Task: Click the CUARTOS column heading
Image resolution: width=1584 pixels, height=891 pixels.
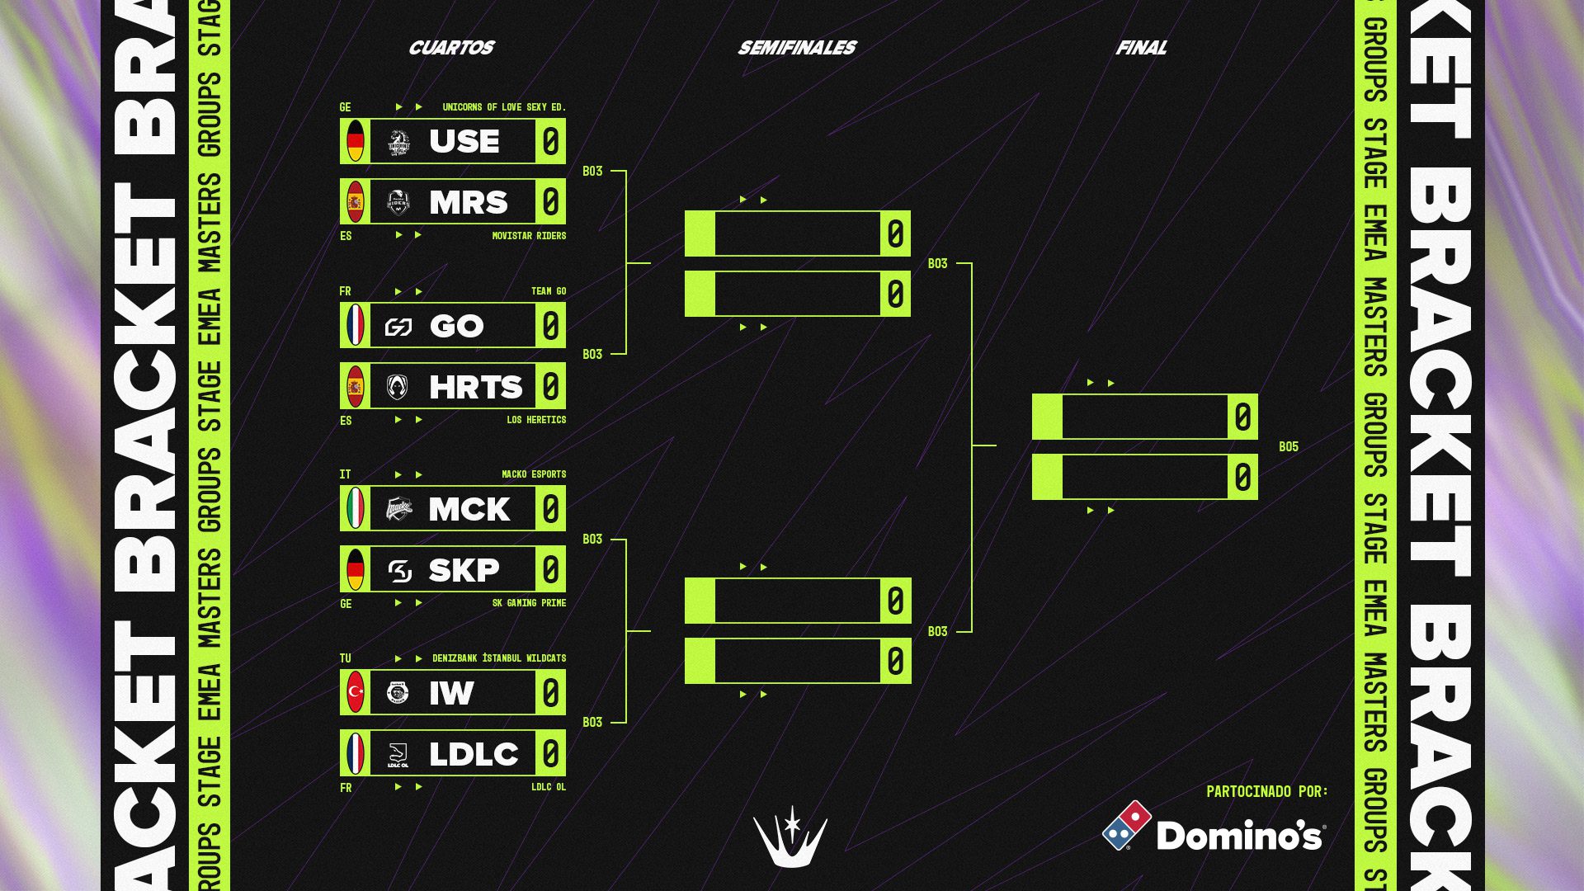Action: [450, 48]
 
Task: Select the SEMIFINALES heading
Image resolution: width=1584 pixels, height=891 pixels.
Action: [797, 48]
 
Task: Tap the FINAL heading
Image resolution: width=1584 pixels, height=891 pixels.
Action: [1141, 48]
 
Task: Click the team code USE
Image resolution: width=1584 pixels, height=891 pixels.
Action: [464, 141]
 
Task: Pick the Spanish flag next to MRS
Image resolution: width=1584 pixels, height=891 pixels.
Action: [356, 202]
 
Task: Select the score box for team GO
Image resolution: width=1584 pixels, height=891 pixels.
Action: [550, 326]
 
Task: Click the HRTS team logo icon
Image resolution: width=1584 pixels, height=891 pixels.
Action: [398, 387]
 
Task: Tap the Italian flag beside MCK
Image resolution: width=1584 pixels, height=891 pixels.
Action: [356, 508]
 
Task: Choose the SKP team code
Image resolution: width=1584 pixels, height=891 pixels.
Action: [464, 570]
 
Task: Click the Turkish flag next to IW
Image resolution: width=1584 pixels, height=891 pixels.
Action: [356, 692]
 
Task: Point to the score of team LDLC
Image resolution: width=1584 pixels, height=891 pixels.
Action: [550, 753]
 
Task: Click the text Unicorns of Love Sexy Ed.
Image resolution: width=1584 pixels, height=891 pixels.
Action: [503, 107]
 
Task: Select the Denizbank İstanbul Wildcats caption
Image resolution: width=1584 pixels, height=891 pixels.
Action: [499, 658]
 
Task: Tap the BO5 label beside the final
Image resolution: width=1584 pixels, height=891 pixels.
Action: [1288, 447]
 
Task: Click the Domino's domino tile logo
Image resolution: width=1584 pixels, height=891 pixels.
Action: [1127, 825]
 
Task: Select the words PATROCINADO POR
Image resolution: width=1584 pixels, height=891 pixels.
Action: [1266, 792]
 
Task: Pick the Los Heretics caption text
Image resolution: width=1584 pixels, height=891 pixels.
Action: [535, 420]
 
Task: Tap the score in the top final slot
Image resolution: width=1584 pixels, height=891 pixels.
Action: [1242, 417]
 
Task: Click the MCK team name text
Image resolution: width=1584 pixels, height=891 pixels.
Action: [469, 509]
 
